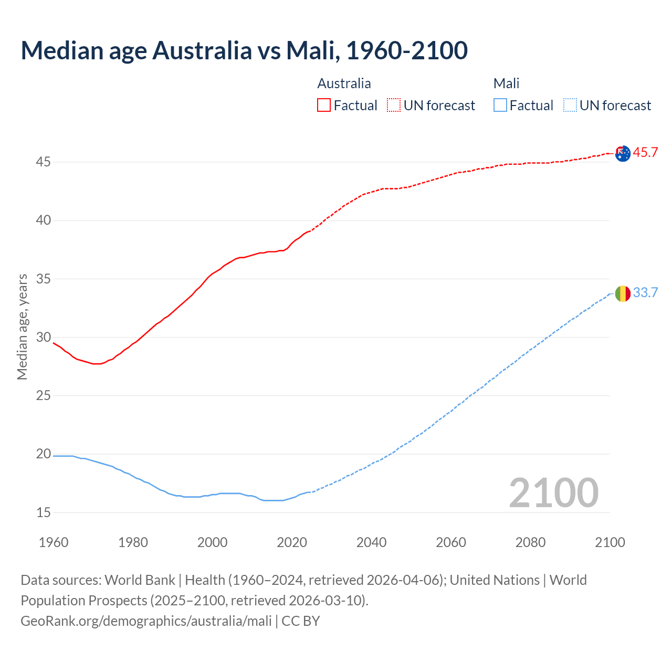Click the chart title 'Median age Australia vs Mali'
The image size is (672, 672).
tap(244, 50)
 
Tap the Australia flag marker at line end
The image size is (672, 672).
tap(623, 154)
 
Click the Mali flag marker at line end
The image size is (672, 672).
tap(623, 294)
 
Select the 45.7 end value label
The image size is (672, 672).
tap(645, 153)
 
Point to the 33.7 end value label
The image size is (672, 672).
tap(645, 293)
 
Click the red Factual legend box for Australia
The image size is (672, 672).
tap(324, 106)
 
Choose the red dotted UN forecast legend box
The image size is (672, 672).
tap(394, 106)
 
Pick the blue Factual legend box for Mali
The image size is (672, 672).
tap(500, 106)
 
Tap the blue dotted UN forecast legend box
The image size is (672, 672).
tap(570, 106)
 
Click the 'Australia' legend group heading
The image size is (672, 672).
tap(344, 83)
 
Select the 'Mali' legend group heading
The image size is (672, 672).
tap(506, 83)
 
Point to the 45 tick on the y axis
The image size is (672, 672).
tap(43, 162)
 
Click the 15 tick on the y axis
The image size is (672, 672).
tap(43, 512)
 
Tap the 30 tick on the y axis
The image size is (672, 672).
tap(43, 338)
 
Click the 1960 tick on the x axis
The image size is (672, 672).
tap(54, 542)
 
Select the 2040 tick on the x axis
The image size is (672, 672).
tap(371, 542)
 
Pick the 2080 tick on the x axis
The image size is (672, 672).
tap(530, 542)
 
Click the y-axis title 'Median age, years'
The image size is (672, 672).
tap(22, 327)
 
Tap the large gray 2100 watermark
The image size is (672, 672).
tap(553, 492)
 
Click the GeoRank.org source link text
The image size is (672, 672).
tap(146, 621)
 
